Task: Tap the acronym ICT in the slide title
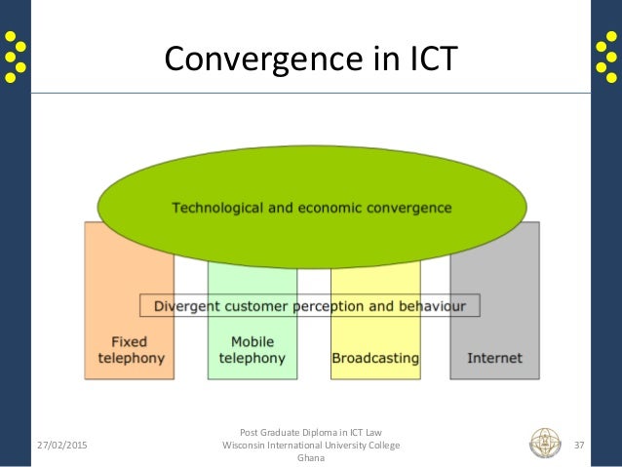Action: pos(428,59)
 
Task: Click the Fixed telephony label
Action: pos(132,350)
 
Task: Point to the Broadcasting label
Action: pos(375,358)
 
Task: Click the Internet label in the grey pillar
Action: pos(494,358)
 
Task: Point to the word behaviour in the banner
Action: pos(434,305)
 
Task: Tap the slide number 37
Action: pos(579,446)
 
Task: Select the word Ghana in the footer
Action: pos(311,460)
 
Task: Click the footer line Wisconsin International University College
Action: pos(311,446)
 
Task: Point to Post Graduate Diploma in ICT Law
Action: pos(311,431)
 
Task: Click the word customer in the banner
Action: pos(255,305)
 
